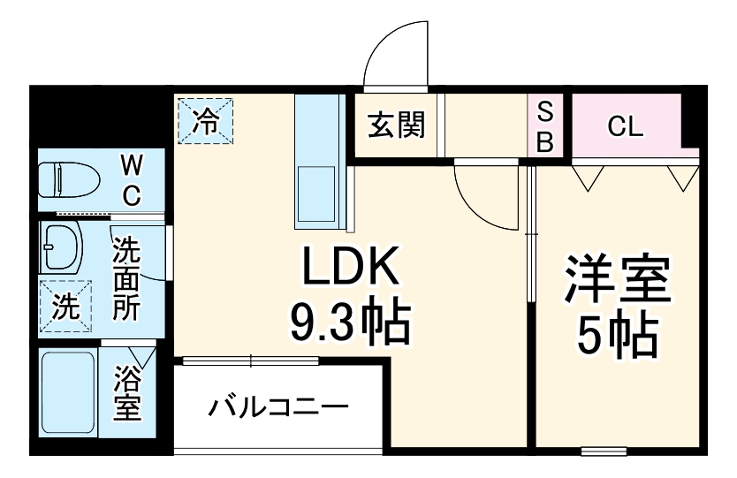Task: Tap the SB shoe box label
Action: click(x=545, y=126)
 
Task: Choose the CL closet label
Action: click(x=626, y=126)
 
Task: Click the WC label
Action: click(x=131, y=179)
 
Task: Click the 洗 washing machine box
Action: click(x=65, y=307)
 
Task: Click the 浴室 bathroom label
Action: click(x=127, y=396)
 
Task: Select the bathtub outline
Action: click(x=68, y=393)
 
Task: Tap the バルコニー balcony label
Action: click(x=278, y=408)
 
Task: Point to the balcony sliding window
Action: click(x=250, y=360)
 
